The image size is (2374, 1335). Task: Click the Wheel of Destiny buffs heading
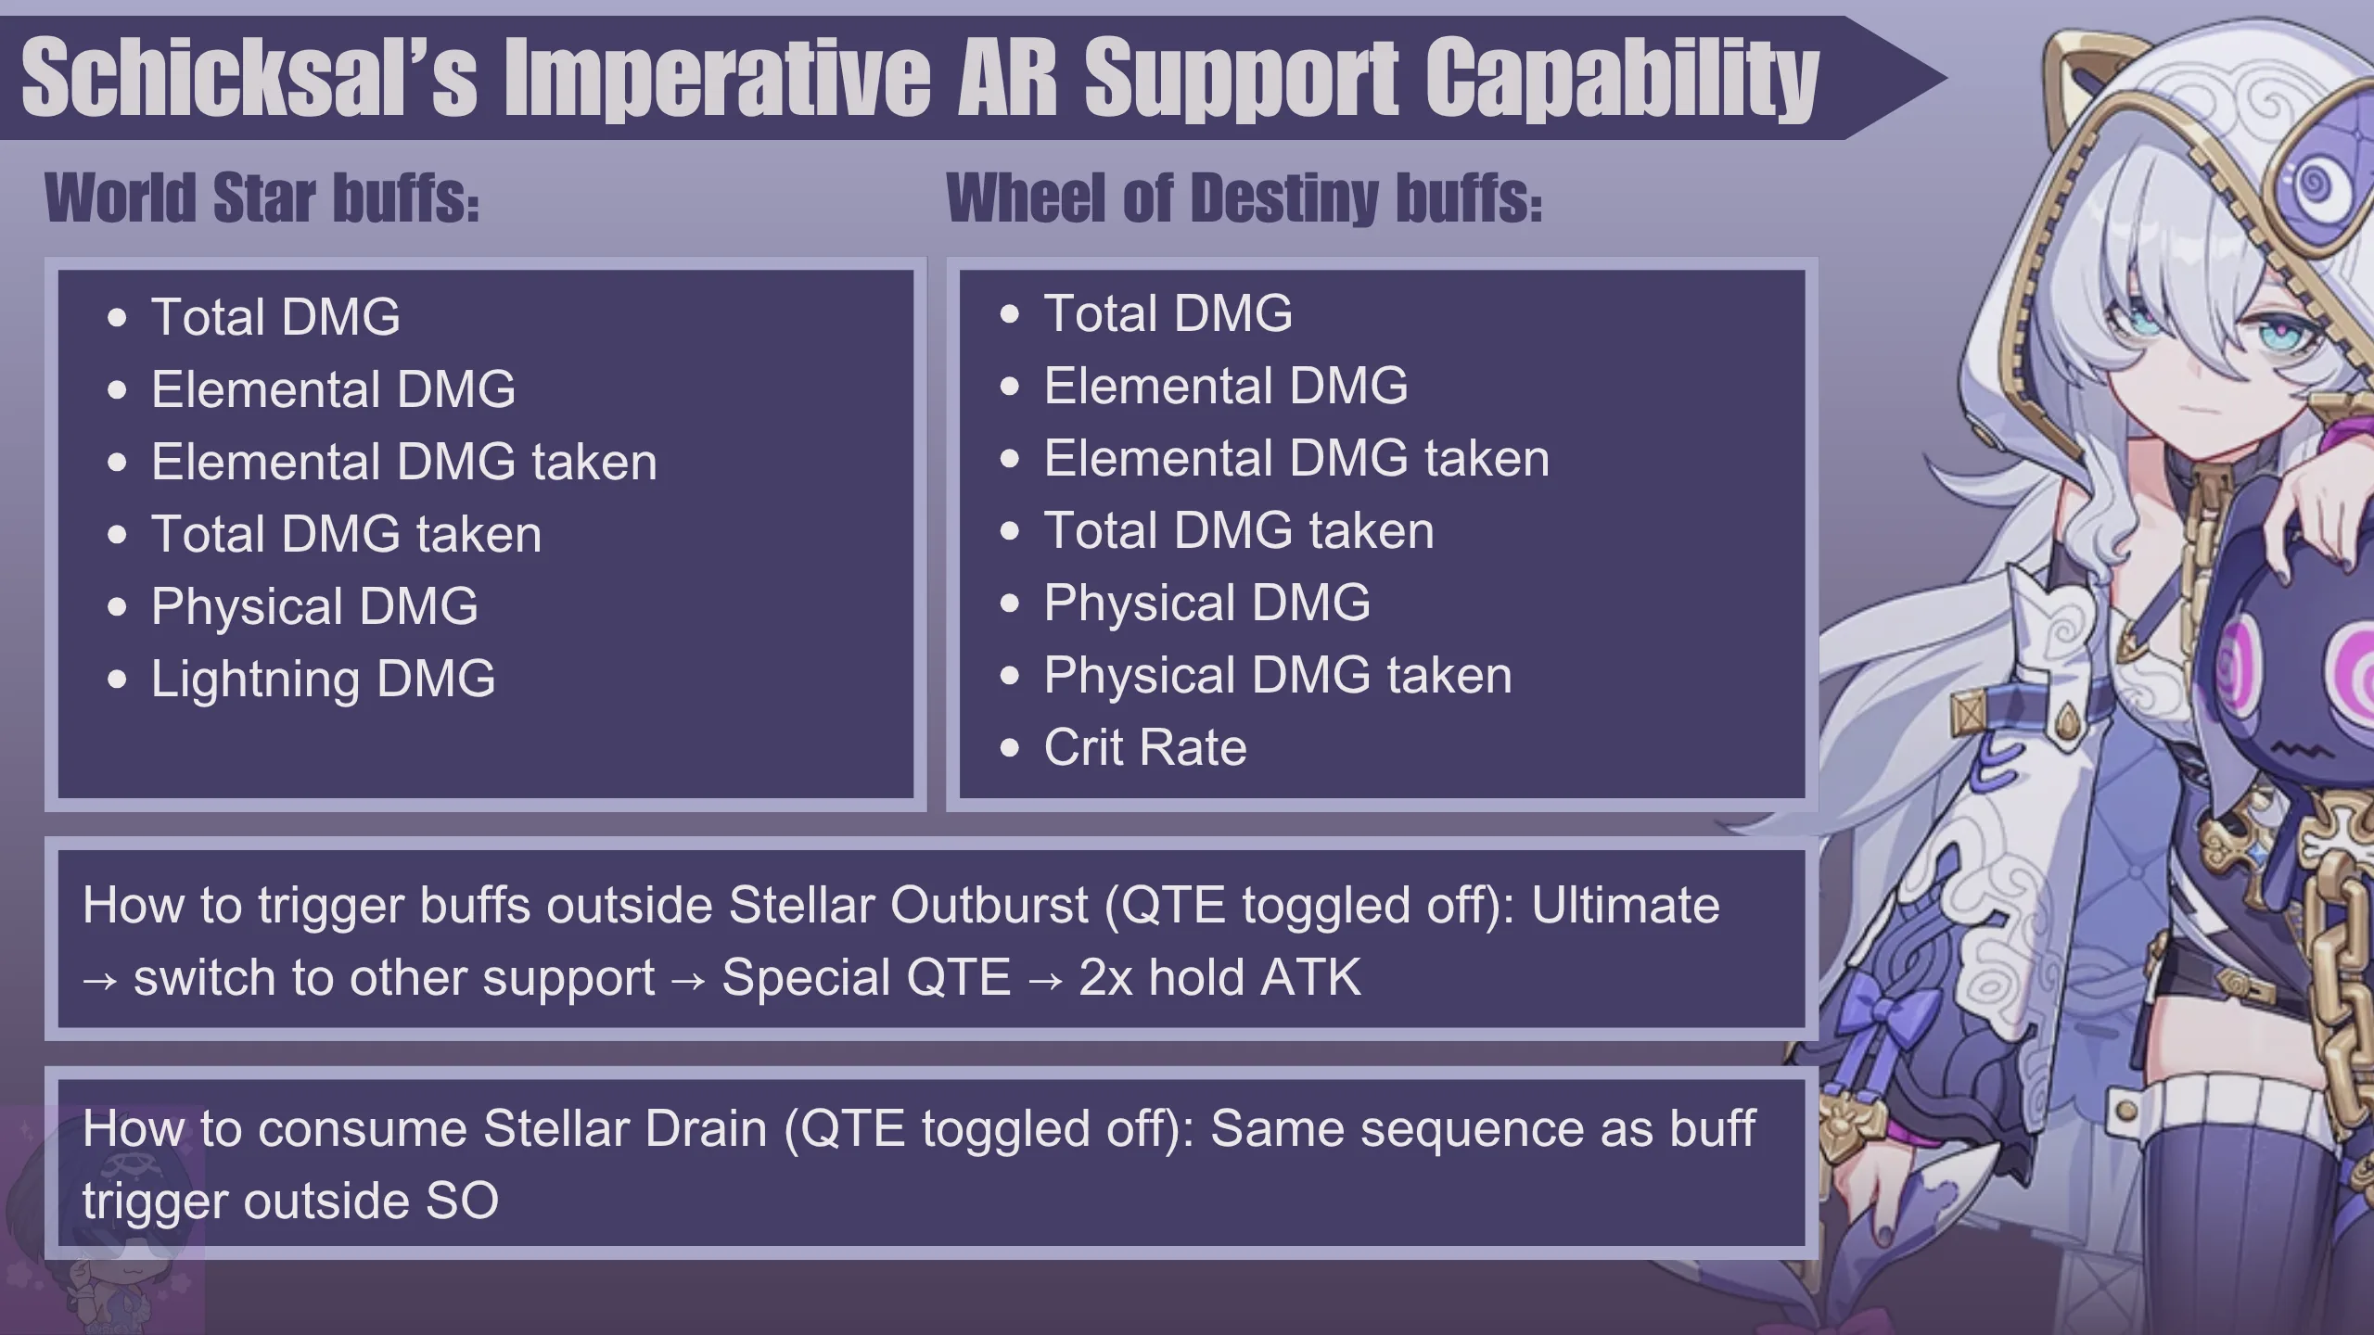pos(1244,199)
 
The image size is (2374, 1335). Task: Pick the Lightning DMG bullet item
pos(324,679)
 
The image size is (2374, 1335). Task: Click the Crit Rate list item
pos(1145,747)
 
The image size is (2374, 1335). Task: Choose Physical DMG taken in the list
pos(1278,676)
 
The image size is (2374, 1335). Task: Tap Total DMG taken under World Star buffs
pos(347,534)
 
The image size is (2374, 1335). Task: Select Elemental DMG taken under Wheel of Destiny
pos(1296,458)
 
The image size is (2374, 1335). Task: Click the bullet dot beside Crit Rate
pos(1010,748)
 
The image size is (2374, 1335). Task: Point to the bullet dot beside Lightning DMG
pos(117,680)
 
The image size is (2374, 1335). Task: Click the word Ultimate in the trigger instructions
pos(1626,905)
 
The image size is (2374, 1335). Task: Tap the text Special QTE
pos(866,978)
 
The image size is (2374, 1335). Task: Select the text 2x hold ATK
pos(1220,977)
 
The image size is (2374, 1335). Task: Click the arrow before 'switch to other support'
pos(100,980)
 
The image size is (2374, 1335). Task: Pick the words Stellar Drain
pos(625,1129)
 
